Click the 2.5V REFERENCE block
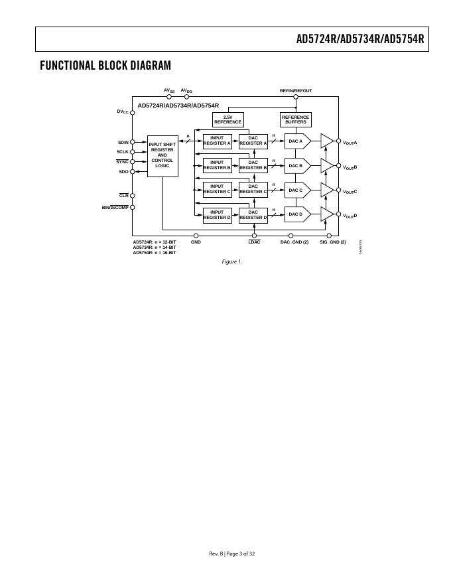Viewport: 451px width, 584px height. tap(227, 119)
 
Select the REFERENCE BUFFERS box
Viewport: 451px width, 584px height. tap(296, 119)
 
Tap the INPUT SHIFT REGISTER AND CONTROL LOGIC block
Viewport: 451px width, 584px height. tap(162, 155)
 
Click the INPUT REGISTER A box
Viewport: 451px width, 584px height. tap(217, 141)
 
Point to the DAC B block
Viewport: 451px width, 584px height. tap(296, 165)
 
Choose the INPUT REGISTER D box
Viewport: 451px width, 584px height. tap(217, 214)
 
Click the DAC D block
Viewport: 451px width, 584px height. tap(296, 214)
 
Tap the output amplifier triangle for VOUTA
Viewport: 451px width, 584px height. tap(326, 141)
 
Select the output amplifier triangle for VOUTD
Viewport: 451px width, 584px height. tap(326, 214)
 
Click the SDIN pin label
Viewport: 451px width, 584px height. tap(123, 142)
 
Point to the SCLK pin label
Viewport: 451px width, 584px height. tap(123, 152)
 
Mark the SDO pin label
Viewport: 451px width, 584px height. tap(123, 172)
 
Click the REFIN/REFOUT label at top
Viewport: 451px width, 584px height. tap(296, 91)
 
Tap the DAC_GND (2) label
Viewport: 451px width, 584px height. tap(294, 242)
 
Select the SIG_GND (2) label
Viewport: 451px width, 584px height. tap(333, 242)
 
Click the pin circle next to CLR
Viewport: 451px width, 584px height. tap(132, 196)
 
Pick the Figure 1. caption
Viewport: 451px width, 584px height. tap(232, 261)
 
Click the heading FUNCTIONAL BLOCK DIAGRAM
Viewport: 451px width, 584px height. tap(105, 65)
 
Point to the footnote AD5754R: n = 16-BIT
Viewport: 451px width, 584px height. tap(155, 253)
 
